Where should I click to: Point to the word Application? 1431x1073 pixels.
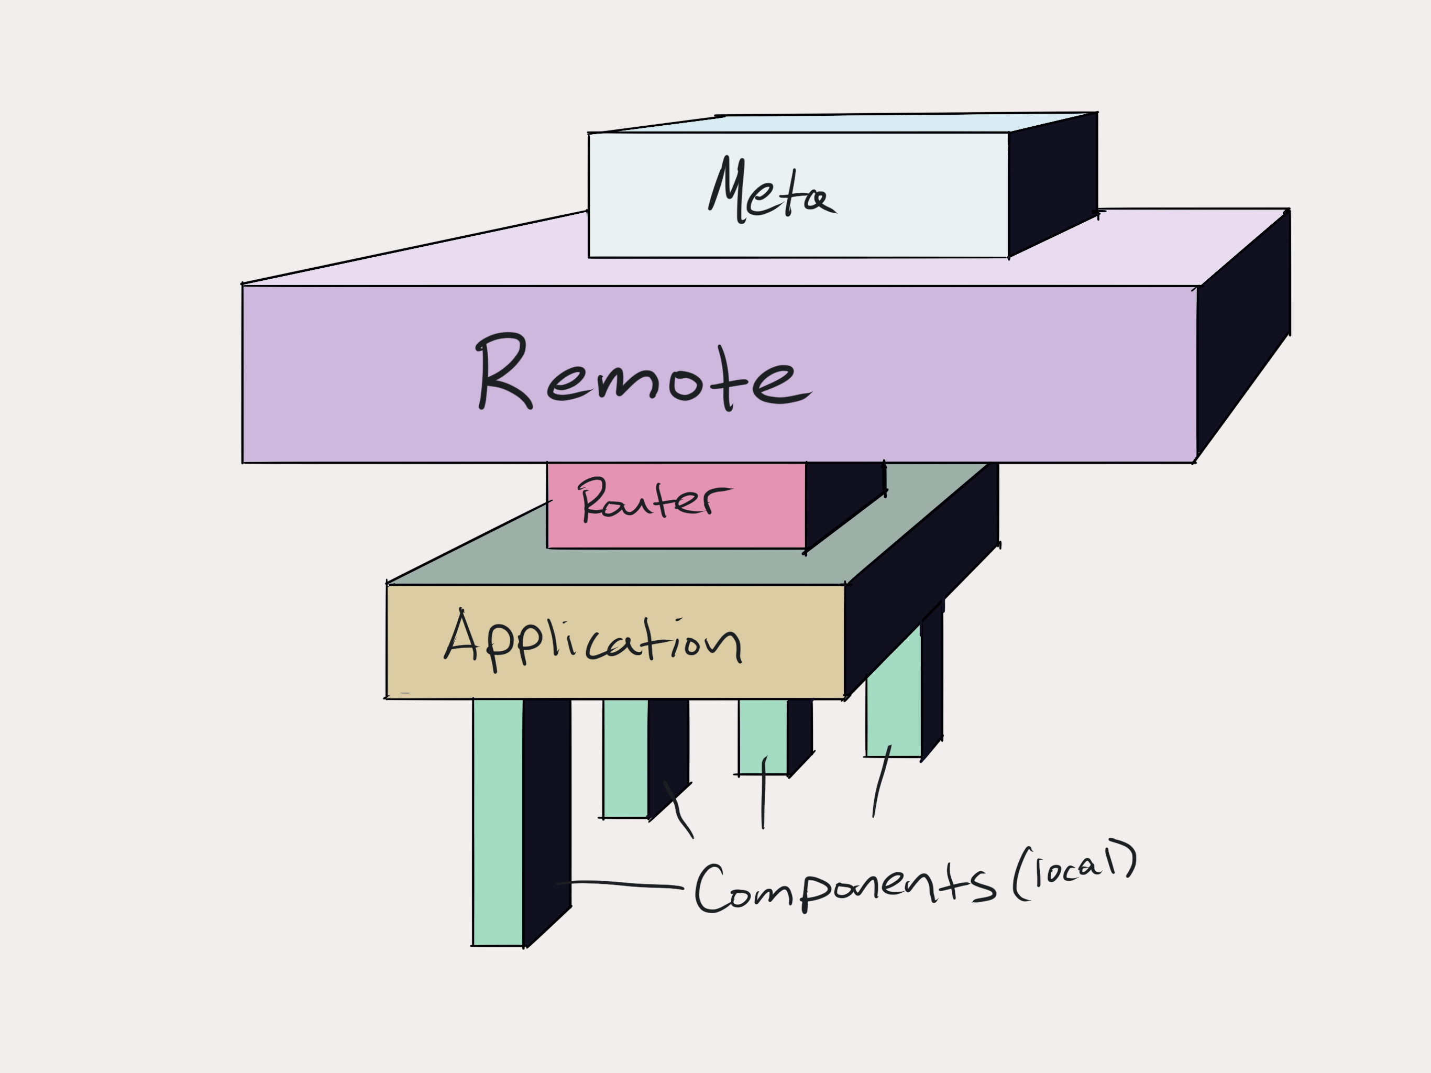(592, 641)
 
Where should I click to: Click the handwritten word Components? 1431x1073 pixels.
(841, 886)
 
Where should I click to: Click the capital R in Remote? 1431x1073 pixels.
(503, 372)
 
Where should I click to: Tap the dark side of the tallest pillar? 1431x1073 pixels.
(547, 809)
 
